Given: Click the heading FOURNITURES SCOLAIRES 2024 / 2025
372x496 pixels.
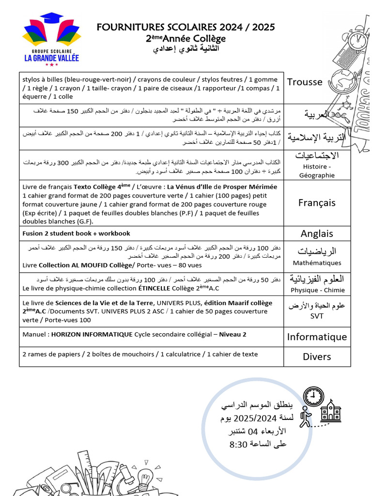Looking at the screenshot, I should pyautogui.click(x=186, y=28).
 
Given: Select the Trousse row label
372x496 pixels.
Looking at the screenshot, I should pyautogui.click(x=304, y=82).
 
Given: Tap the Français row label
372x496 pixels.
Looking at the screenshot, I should pyautogui.click(x=317, y=202).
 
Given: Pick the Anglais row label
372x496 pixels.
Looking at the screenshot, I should pyautogui.click(x=317, y=233).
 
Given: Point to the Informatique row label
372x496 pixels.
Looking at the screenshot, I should pyautogui.click(x=317, y=337).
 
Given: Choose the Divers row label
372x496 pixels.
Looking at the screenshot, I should pyautogui.click(x=317, y=356).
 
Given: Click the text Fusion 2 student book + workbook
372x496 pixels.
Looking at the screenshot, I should pyautogui.click(x=76, y=233).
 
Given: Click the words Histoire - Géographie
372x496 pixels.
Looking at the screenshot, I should pyautogui.click(x=317, y=170).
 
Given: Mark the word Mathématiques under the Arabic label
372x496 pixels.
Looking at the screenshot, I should pyautogui.click(x=317, y=263).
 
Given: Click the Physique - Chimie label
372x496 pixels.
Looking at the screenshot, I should pyautogui.click(x=318, y=290).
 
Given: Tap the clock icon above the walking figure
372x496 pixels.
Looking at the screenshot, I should pyautogui.click(x=313, y=397).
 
